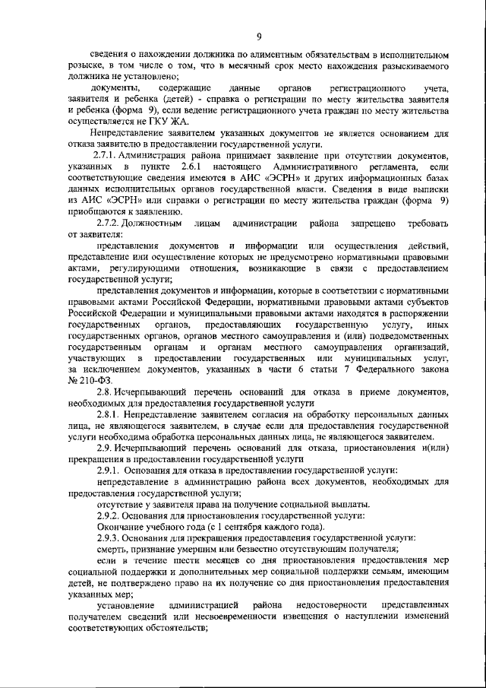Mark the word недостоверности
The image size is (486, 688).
(x=330, y=605)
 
